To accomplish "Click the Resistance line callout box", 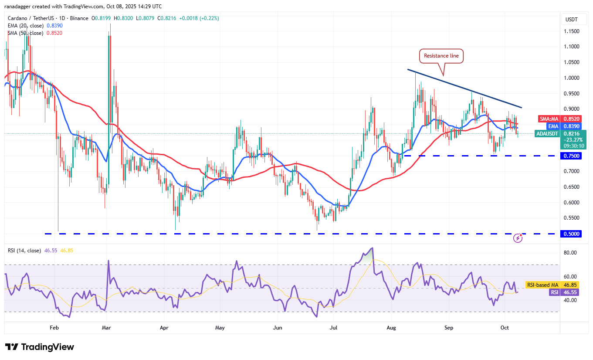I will tap(441, 56).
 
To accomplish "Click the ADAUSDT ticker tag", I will tap(548, 134).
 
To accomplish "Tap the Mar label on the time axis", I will tap(106, 327).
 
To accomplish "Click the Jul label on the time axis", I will tap(334, 327).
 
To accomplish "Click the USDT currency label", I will tap(571, 20).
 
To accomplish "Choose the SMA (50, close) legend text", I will tap(25, 33).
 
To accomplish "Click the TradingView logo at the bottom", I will tap(40, 347).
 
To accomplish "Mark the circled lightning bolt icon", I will tap(518, 238).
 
